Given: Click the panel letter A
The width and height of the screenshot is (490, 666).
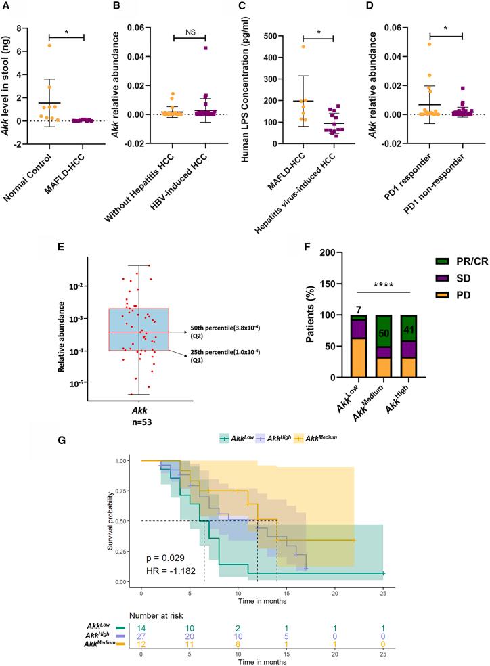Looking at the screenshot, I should pyautogui.click(x=7, y=7).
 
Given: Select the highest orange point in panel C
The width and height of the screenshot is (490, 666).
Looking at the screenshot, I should pyautogui.click(x=304, y=47).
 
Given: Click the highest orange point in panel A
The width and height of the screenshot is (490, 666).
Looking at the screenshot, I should pyautogui.click(x=48, y=45).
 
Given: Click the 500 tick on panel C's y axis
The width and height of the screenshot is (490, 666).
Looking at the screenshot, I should pyautogui.click(x=274, y=36).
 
